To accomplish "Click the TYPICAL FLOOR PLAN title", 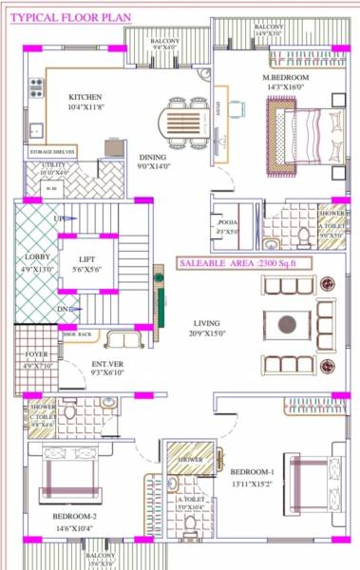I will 59,16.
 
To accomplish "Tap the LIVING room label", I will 200,322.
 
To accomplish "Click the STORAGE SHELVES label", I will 52,152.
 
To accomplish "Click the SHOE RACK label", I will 78,334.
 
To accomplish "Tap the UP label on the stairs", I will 59,218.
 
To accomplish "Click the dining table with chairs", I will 183,124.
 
